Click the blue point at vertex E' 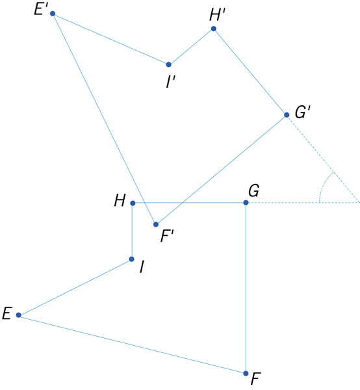53,14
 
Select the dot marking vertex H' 213,29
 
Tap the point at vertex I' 168,64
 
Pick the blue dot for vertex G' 287,115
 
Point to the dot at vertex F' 156,225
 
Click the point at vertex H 133,203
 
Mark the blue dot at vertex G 246,203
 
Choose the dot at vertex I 131,259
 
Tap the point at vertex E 18,315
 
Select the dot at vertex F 246,373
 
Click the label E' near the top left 41,10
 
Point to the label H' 217,15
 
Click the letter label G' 303,112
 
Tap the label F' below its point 167,236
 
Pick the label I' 171,82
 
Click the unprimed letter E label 7,313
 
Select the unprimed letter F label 256,378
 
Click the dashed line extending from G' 323,159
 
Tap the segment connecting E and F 132,344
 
